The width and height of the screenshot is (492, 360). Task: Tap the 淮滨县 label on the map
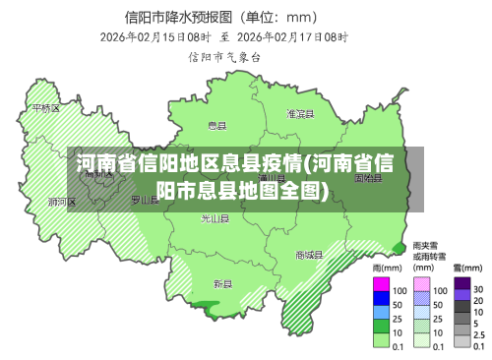point(298,114)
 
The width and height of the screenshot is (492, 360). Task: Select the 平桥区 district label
point(46,108)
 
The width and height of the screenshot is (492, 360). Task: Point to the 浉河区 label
point(62,202)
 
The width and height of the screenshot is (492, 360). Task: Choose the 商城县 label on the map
point(309,255)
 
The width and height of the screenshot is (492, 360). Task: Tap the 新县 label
point(222,284)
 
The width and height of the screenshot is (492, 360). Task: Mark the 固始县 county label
point(368,179)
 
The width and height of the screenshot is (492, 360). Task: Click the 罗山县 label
point(145,199)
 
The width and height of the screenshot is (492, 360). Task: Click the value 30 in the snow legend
point(477,290)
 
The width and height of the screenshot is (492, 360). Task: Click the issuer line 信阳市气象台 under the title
point(224,57)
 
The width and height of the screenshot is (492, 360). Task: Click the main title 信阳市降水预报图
point(177,16)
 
